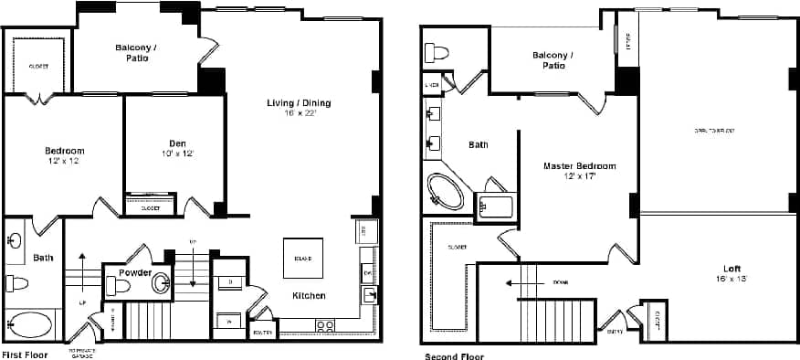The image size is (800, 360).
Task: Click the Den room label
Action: [177, 143]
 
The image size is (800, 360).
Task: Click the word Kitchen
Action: [310, 296]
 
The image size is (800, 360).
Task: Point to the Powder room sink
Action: [161, 283]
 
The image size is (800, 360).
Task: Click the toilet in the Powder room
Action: [119, 286]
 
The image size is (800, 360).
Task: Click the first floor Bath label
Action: [43, 258]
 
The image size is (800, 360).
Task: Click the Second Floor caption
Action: [453, 355]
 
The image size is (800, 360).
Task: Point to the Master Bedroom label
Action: [579, 166]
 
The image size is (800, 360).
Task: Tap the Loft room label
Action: [732, 269]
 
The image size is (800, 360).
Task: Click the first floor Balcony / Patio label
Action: [132, 52]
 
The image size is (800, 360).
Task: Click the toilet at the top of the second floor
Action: [438, 52]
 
